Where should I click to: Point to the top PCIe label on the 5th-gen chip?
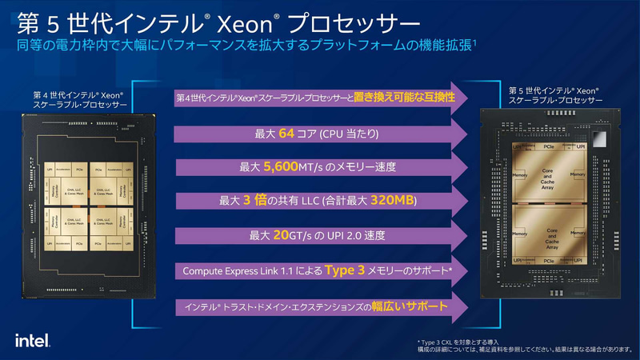[550, 149]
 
